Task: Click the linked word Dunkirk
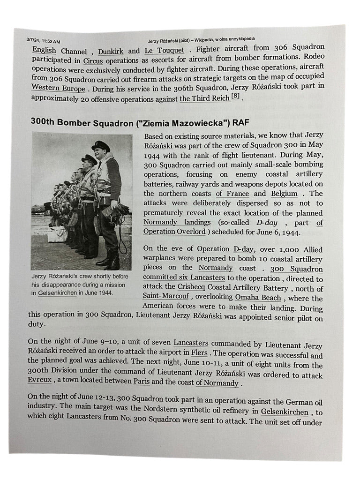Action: click(111, 51)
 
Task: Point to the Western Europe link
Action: click(58, 88)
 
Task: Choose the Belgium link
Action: click(284, 194)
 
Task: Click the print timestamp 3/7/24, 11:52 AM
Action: click(43, 42)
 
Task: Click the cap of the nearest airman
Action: click(101, 146)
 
